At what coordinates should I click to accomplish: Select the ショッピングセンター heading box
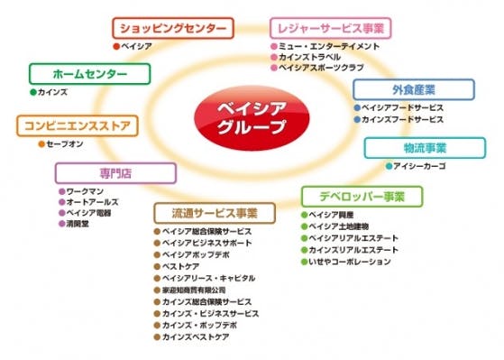point(174,28)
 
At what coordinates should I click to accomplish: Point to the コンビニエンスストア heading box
point(76,125)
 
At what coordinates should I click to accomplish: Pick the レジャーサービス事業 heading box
point(331,28)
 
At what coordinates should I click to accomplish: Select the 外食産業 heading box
point(414,90)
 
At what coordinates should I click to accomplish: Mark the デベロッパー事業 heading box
point(359,196)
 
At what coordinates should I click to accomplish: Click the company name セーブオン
point(65,142)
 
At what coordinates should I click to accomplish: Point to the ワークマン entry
point(87,191)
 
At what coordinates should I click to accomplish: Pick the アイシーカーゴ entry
point(421,166)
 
